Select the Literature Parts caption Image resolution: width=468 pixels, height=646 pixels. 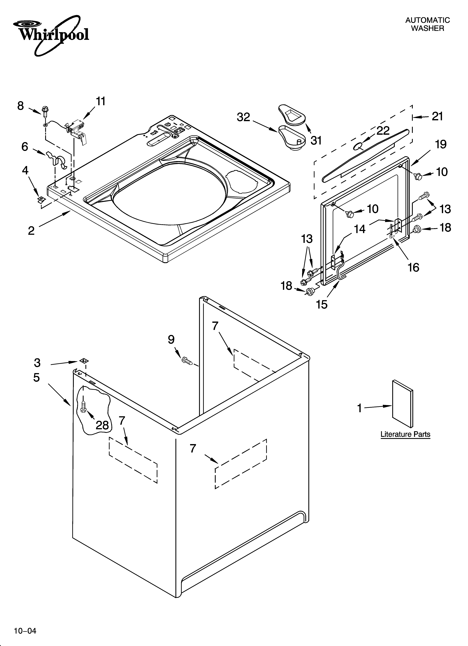click(x=405, y=434)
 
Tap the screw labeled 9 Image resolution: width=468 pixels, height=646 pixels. click(x=187, y=361)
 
